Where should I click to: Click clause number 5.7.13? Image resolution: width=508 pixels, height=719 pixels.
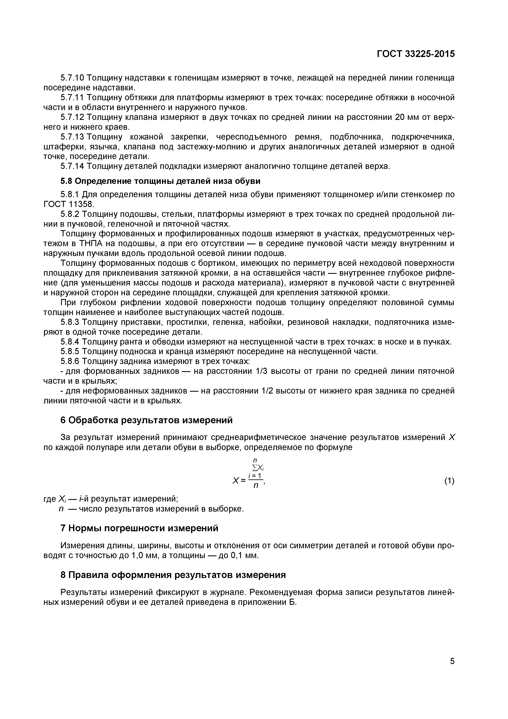click(x=72, y=137)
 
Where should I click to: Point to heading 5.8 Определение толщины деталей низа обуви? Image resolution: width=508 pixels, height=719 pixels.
click(x=160, y=181)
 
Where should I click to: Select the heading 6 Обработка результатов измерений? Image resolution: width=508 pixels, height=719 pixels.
click(x=146, y=420)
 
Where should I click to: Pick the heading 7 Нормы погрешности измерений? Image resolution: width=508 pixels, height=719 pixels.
click(x=139, y=529)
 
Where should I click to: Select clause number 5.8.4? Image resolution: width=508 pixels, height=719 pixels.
click(x=70, y=342)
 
